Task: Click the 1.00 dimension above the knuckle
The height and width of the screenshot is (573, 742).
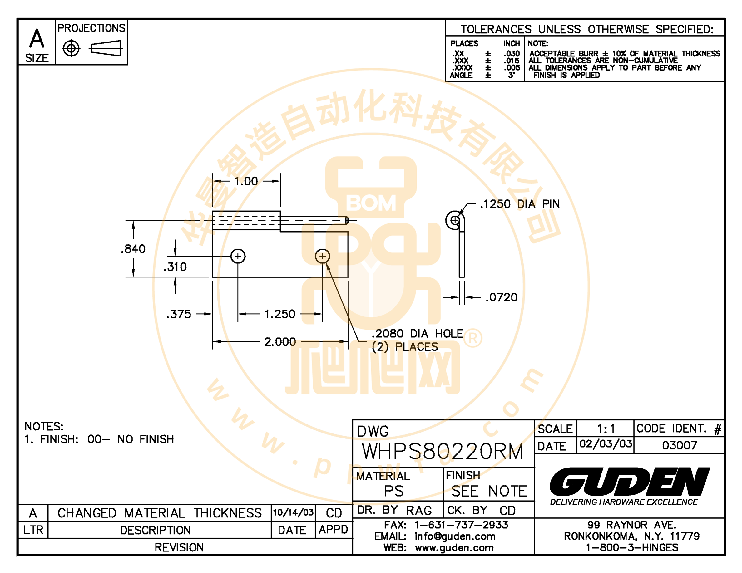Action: pos(246,181)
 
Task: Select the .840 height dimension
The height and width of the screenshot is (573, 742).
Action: pos(133,249)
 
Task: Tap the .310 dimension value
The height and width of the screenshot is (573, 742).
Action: pos(175,267)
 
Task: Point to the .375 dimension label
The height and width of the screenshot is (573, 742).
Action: pos(179,314)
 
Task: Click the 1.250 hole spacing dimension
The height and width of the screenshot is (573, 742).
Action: pos(280,314)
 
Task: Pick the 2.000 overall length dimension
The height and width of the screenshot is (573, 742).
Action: pos(280,342)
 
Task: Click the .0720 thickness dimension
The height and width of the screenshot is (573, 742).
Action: pos(502,297)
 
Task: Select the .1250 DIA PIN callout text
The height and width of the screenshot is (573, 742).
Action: pos(520,204)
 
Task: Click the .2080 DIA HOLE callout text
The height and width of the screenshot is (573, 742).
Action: pos(418,334)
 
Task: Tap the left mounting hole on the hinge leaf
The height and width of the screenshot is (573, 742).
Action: pos(238,256)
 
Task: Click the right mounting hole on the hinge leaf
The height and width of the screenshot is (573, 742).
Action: pos(322,256)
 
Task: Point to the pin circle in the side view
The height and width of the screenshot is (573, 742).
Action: pos(455,221)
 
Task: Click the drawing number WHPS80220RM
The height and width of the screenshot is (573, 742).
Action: pos(442,452)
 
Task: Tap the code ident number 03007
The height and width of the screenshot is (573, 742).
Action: pos(680,445)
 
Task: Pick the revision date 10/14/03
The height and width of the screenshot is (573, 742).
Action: pos(293,512)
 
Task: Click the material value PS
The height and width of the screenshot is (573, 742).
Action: pos(394,491)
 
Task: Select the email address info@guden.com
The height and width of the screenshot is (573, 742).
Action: pos(455,536)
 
